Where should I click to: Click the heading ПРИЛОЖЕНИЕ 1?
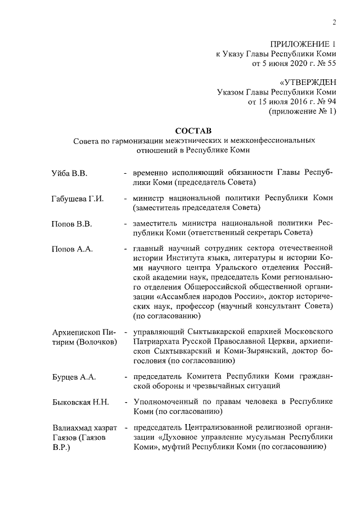click(x=303, y=43)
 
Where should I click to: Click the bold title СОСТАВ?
click(x=193, y=130)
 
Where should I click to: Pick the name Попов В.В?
click(x=71, y=224)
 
